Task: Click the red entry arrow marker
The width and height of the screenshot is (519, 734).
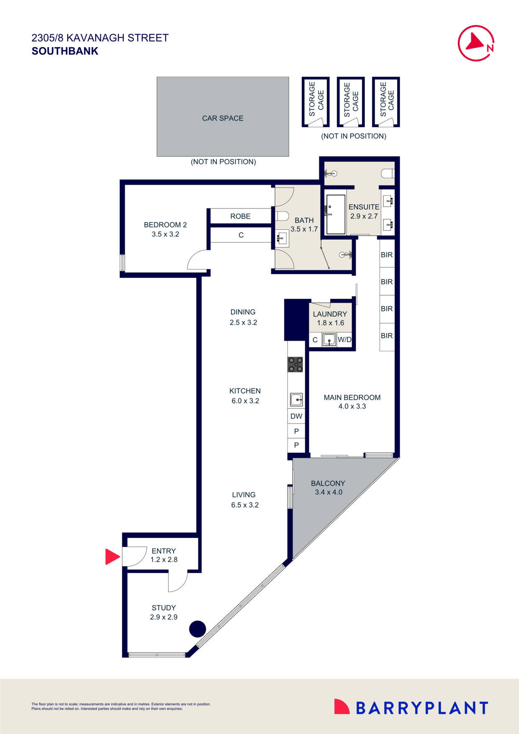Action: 112,557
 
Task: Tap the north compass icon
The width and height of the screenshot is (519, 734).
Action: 476,43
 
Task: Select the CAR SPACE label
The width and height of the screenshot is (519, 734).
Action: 223,118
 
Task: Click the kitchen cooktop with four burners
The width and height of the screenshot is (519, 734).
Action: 295,364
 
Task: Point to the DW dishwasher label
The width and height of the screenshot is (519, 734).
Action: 296,416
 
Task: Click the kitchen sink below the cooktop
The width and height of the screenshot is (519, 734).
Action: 296,400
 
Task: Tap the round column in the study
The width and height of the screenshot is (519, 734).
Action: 198,629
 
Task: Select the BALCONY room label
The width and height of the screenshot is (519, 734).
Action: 328,483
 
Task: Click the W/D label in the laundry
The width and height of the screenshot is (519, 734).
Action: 344,340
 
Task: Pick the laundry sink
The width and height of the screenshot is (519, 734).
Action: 329,339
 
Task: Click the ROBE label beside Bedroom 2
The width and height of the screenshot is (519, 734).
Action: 240,216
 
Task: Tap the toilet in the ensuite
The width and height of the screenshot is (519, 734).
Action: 387,173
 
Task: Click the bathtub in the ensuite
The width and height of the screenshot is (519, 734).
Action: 336,214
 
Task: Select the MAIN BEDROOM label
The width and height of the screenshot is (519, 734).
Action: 352,398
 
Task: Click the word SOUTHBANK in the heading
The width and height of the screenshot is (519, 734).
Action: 65,51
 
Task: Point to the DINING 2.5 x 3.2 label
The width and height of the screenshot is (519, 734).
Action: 243,317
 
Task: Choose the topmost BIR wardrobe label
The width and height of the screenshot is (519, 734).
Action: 387,254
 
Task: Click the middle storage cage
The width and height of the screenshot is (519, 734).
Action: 351,102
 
